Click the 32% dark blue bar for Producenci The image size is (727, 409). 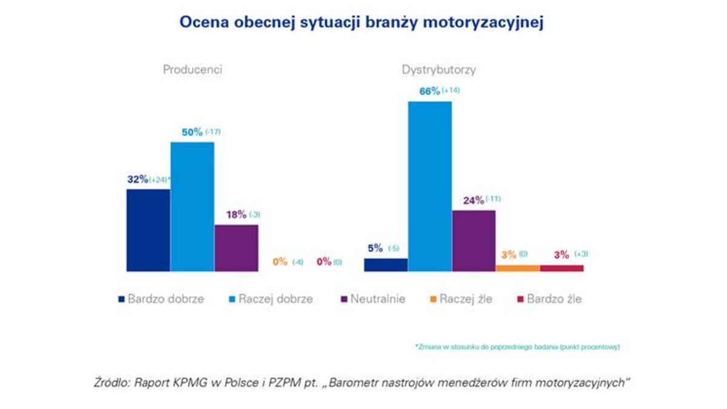point(148,230)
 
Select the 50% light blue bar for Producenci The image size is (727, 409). point(192,207)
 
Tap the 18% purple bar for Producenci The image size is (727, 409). point(236,248)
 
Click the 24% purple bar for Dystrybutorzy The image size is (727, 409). point(474,241)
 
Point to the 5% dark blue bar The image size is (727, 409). point(385,265)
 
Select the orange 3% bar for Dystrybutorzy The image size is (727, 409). point(518,268)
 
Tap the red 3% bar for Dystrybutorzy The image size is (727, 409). point(562,268)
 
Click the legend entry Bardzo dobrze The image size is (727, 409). point(161,299)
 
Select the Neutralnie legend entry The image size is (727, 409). point(373,299)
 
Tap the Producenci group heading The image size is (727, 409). point(193,70)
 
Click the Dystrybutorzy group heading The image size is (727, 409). point(439,70)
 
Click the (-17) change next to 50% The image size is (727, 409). point(213,132)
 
